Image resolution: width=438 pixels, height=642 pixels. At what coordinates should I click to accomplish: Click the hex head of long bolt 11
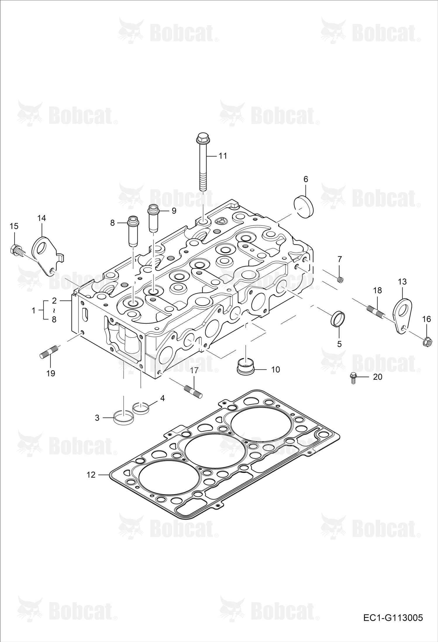[202, 138]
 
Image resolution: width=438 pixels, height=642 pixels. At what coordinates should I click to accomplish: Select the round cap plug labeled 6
[303, 206]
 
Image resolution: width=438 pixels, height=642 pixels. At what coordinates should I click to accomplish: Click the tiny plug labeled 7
[340, 280]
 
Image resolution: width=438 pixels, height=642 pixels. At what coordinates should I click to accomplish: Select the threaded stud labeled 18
[375, 311]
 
